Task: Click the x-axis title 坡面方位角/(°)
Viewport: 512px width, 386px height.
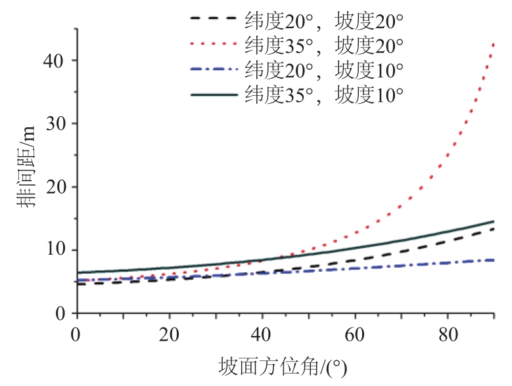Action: [282, 366]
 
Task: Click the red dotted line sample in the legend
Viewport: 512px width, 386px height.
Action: [214, 45]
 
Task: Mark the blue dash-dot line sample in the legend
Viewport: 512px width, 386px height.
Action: [214, 69]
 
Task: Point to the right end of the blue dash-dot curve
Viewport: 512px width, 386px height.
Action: [494, 260]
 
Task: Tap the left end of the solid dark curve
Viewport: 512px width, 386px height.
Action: [78, 272]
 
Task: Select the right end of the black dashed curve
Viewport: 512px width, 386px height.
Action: [494, 228]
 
